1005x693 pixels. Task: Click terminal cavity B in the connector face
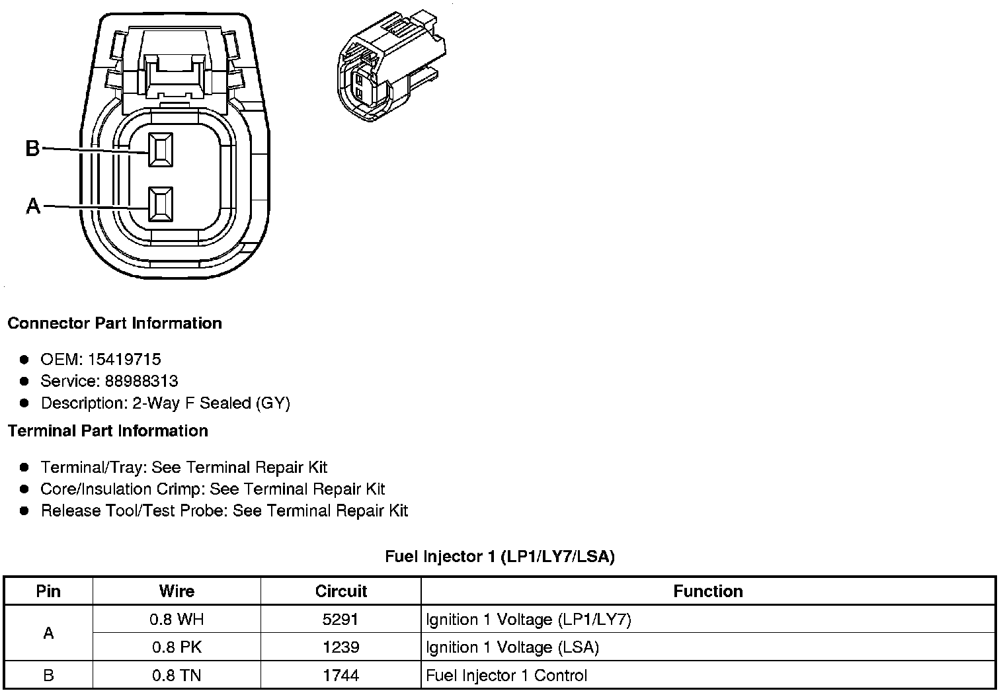161,150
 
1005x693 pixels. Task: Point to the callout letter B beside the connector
32,149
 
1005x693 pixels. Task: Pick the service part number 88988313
141,381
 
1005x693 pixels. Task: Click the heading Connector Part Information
114,323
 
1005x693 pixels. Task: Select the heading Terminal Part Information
108,431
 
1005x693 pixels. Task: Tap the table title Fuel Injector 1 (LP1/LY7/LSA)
500,557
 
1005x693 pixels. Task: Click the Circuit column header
341,591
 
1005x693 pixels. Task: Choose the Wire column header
177,591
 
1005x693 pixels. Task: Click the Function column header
707,591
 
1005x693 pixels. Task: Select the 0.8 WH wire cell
177,620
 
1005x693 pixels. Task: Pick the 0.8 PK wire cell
177,647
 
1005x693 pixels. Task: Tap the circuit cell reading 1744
341,675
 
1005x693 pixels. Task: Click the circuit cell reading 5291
341,620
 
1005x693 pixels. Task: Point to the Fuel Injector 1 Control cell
506,675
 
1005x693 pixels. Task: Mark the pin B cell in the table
48,675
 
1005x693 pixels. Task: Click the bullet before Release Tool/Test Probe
24,510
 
